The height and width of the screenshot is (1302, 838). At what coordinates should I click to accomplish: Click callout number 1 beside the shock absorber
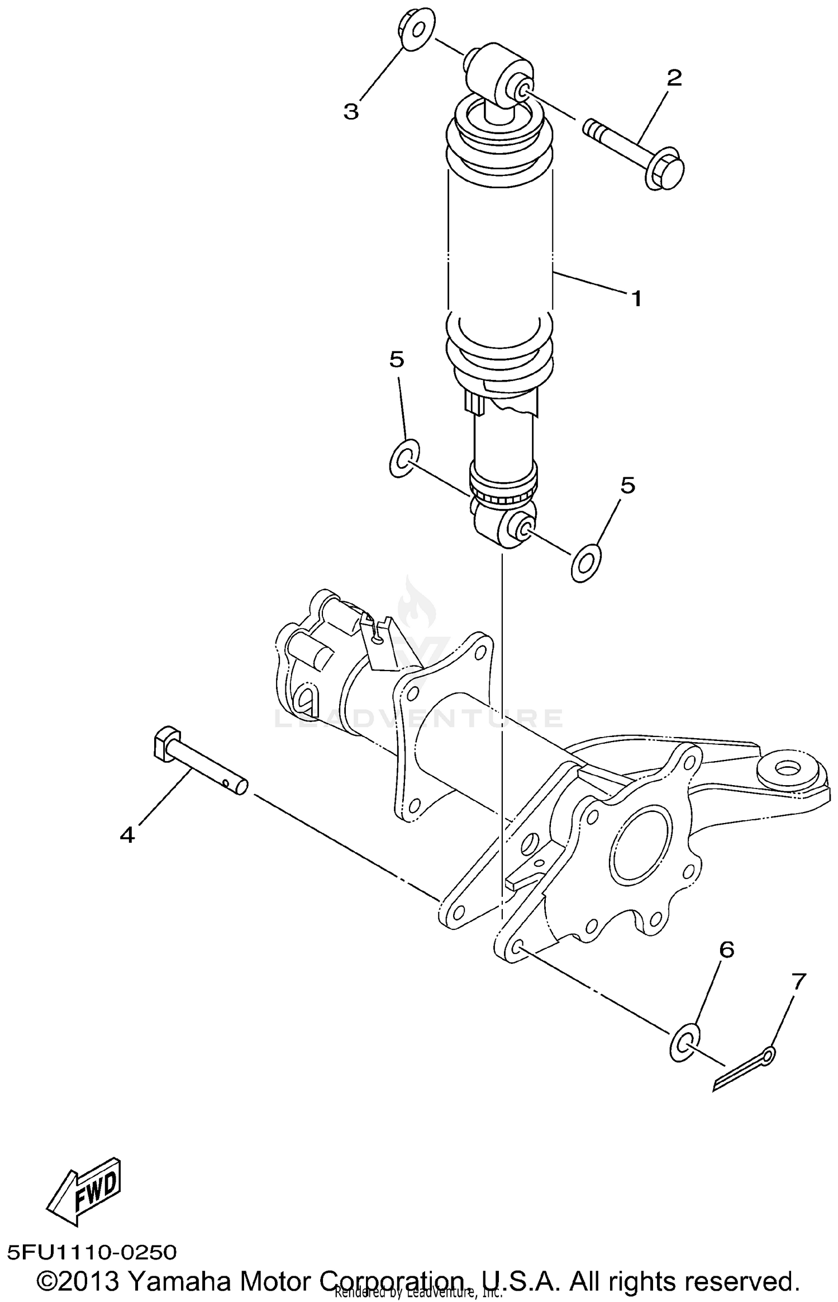[636, 299]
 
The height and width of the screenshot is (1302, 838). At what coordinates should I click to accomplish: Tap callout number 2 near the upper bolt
[674, 78]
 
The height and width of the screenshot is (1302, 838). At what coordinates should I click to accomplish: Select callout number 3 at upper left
[351, 112]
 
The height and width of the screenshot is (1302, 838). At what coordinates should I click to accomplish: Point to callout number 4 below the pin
[127, 835]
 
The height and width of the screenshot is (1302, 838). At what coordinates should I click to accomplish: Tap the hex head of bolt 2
[666, 169]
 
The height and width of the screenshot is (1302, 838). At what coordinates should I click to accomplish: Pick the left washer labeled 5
[404, 458]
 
